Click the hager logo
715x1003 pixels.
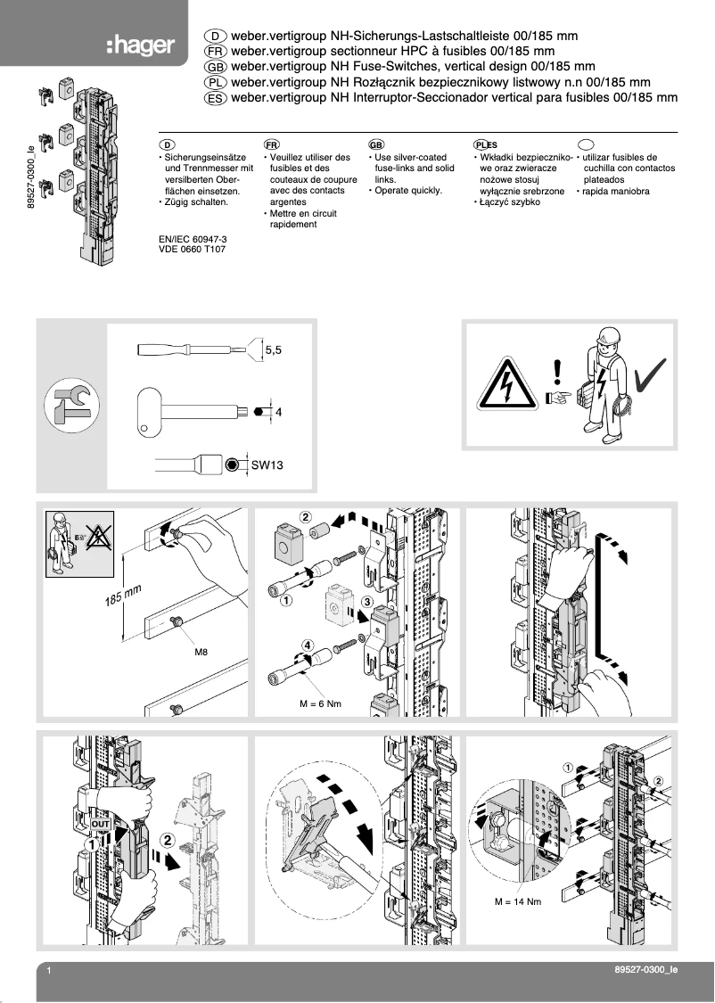coord(140,45)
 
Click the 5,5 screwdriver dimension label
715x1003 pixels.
coord(273,351)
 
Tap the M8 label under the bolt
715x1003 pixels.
coord(202,653)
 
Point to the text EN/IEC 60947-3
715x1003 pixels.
coord(192,240)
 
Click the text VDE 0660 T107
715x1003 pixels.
coord(191,251)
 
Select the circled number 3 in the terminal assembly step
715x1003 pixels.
coord(366,603)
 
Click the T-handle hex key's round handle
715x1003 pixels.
coord(154,412)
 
